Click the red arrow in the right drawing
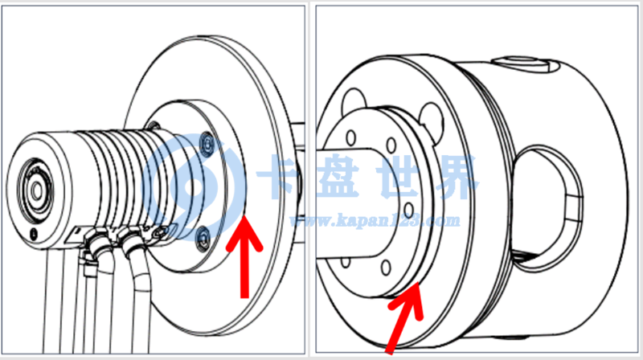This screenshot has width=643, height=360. pos(405,317)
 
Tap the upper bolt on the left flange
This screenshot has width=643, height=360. pos(208,145)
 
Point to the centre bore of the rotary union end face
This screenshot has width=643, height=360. pos(37,191)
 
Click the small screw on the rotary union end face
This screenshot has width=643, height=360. pos(34,234)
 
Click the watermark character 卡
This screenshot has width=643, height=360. pos(280,177)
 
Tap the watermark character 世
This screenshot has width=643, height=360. pos(399,177)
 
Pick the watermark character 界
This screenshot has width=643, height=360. pos(455,177)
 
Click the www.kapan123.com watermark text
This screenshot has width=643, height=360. pos(375,221)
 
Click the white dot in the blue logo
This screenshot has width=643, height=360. pos(190,186)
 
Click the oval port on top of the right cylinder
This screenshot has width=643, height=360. pos(519,63)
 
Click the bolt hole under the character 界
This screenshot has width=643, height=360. pos(408,211)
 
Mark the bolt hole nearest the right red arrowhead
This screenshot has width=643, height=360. pos(386,268)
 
